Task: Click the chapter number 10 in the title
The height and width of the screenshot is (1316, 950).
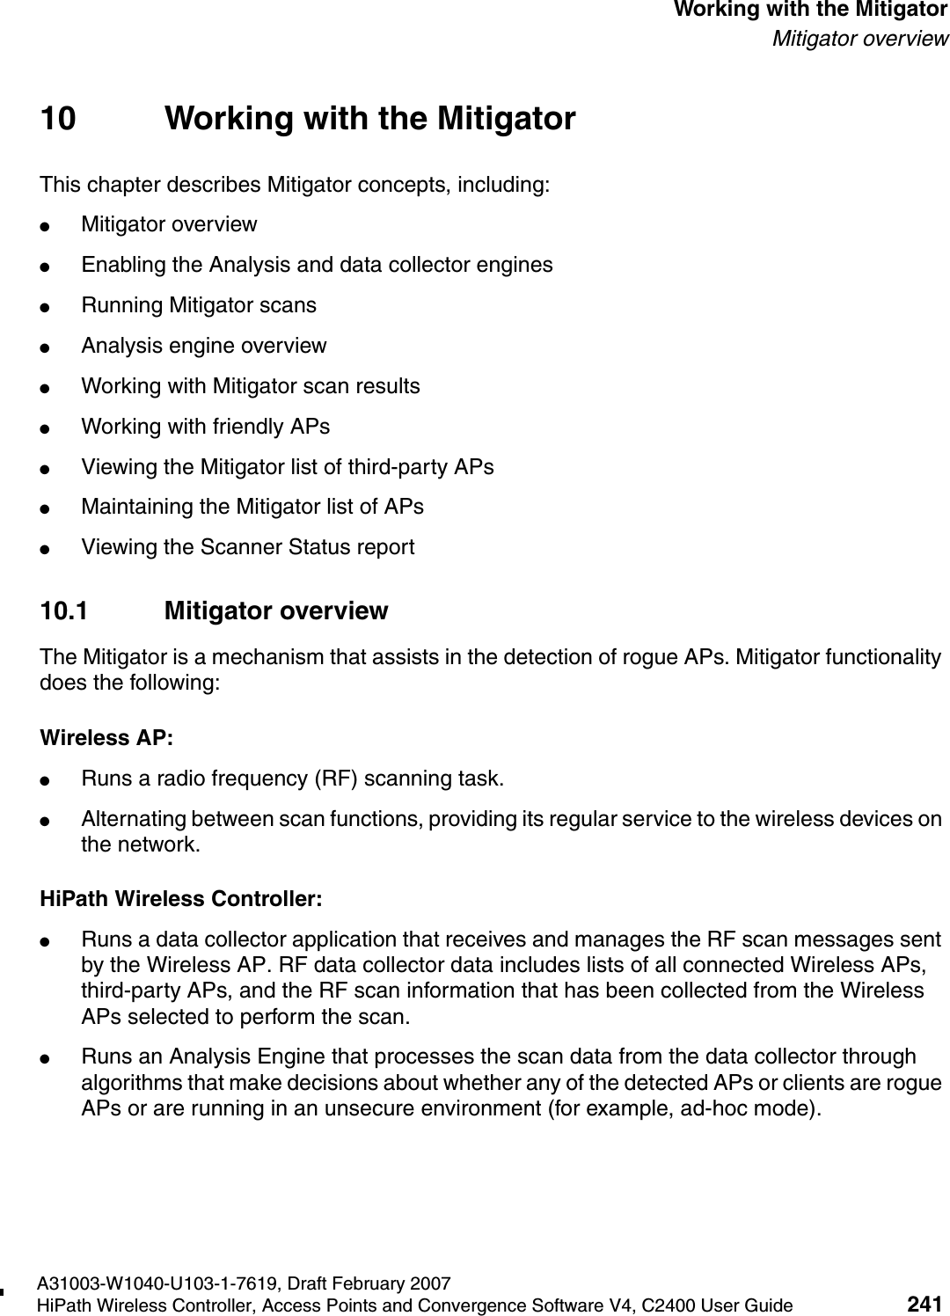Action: [x=58, y=118]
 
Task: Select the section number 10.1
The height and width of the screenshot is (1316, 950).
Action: [x=64, y=611]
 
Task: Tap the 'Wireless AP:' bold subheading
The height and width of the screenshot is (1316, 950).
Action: [x=107, y=737]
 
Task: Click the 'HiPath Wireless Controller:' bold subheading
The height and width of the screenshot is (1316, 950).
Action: [x=181, y=900]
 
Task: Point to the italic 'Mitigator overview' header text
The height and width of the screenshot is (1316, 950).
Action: [x=859, y=39]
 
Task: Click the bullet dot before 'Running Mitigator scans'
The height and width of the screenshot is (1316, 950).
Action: [x=54, y=306]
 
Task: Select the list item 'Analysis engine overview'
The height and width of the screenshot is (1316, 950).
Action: [x=203, y=346]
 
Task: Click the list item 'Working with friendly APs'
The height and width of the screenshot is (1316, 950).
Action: [x=205, y=427]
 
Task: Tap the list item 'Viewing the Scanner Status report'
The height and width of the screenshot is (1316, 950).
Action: [x=247, y=547]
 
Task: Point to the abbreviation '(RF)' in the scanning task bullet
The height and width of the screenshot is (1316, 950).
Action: [x=337, y=779]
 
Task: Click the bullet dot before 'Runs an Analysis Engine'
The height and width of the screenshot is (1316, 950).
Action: [x=54, y=1056]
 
